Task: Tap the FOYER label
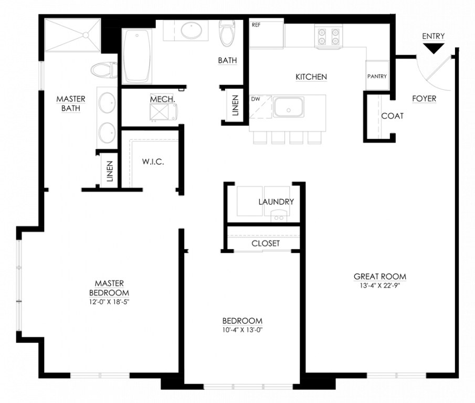[x=424, y=98]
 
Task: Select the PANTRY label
[x=377, y=77]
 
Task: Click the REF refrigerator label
[x=256, y=25]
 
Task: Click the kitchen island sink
[x=288, y=108]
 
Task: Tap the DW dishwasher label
[x=256, y=98]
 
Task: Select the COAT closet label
[x=392, y=115]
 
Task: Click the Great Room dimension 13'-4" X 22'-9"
[x=380, y=286]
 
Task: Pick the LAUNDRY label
[x=276, y=201]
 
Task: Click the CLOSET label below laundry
[x=266, y=243]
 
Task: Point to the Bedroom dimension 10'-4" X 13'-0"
[x=242, y=330]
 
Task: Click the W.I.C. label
[x=153, y=162]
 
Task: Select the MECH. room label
[x=162, y=99]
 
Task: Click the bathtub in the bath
[x=138, y=55]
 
